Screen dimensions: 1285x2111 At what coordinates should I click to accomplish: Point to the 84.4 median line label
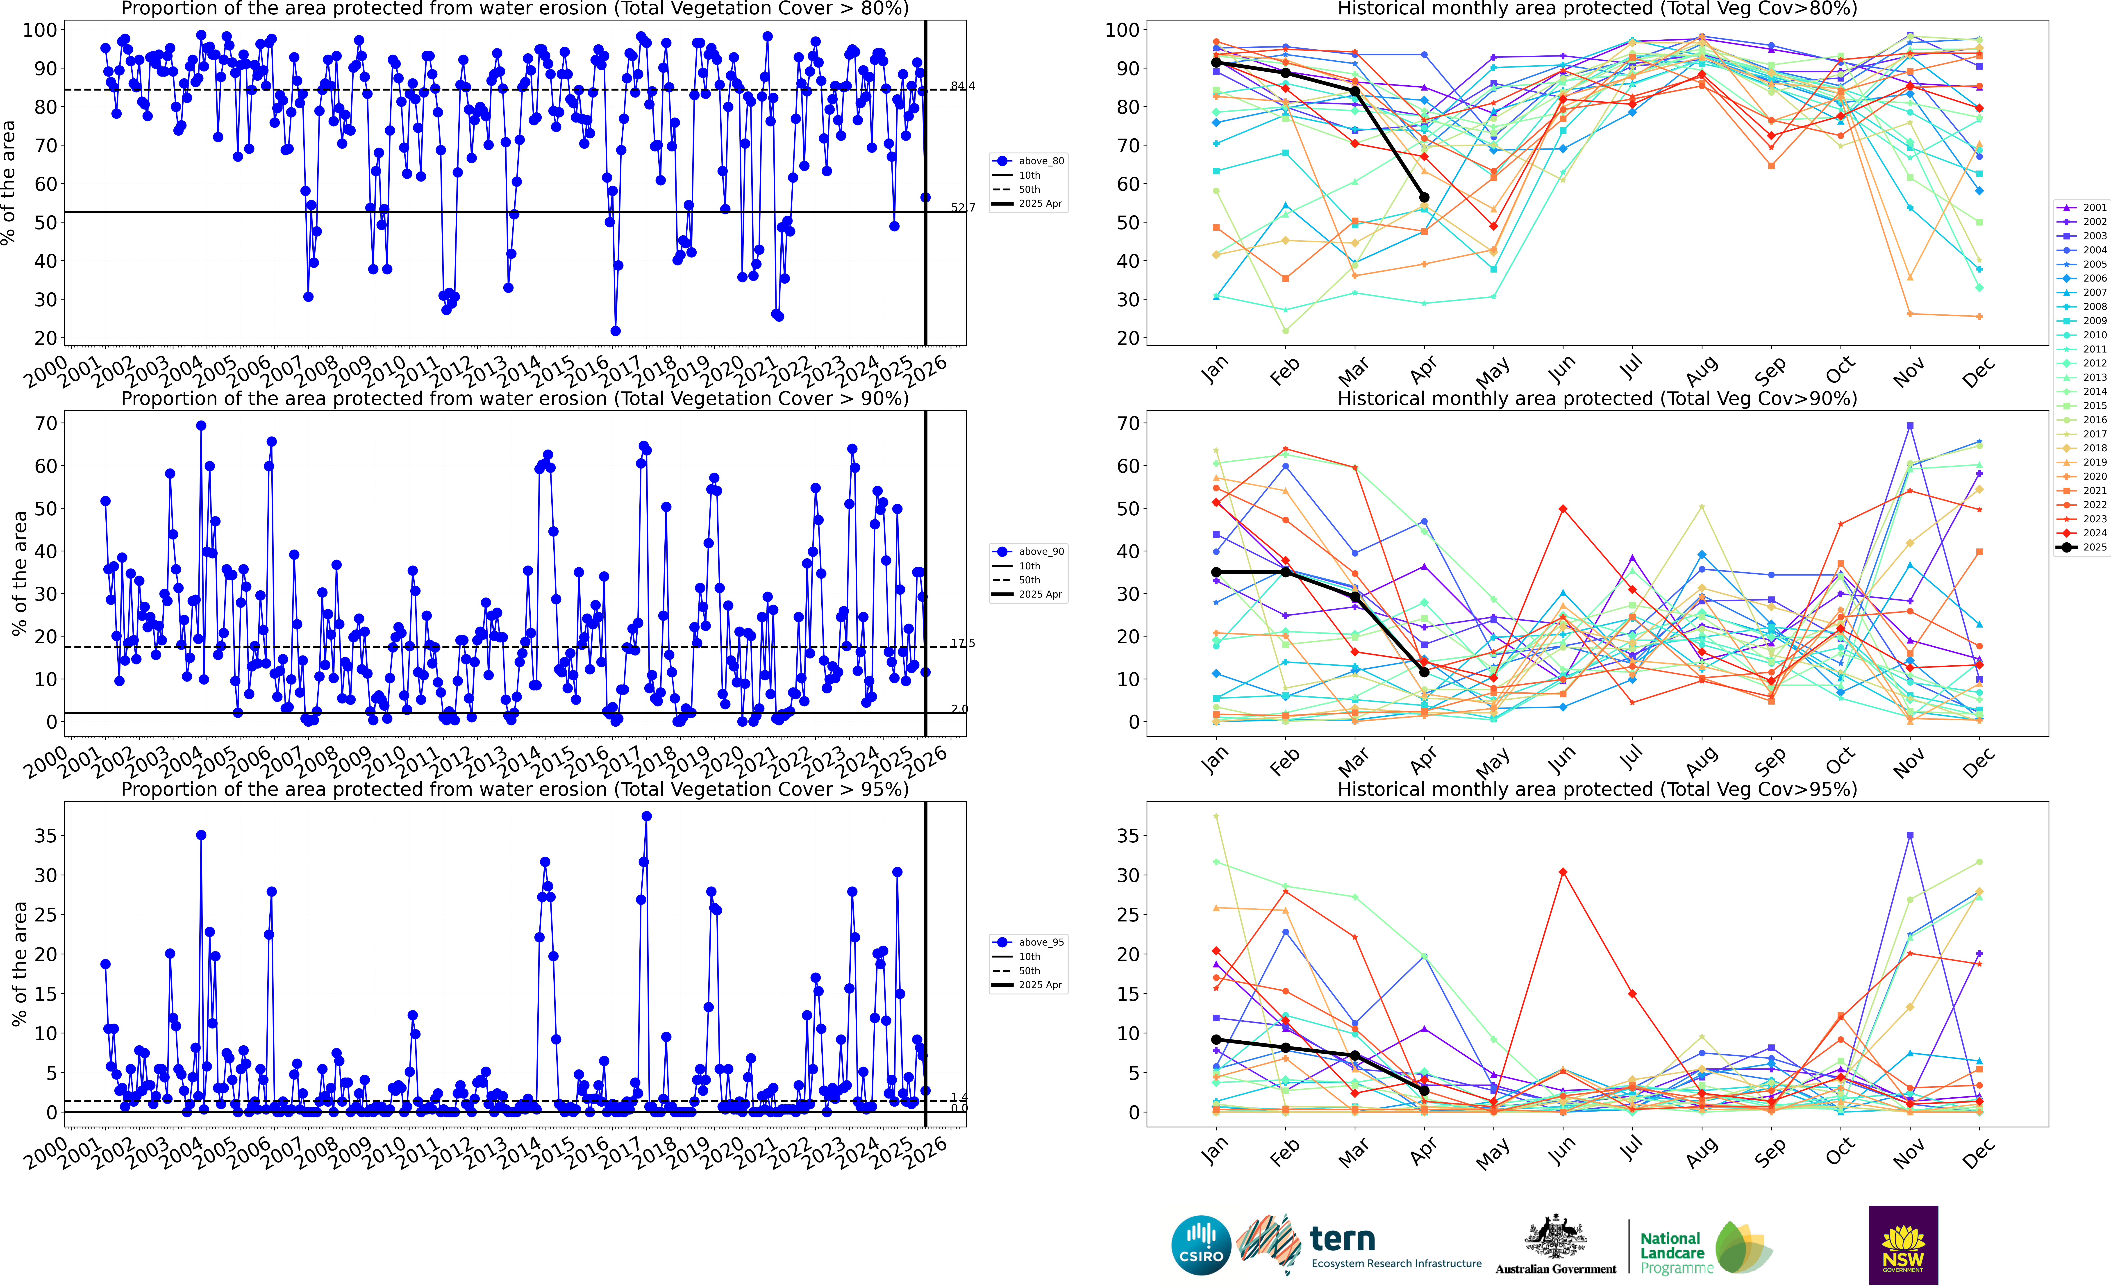coord(962,86)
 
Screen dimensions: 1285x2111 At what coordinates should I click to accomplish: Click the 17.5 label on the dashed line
coord(962,643)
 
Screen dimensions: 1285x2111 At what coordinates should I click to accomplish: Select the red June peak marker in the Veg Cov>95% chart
coord(1563,872)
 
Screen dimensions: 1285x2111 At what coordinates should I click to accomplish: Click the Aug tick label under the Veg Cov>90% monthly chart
coord(1702,757)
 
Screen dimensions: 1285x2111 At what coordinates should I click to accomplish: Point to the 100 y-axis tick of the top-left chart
coord(40,30)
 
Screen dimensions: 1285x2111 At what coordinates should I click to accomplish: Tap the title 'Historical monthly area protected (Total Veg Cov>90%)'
coord(1597,398)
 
